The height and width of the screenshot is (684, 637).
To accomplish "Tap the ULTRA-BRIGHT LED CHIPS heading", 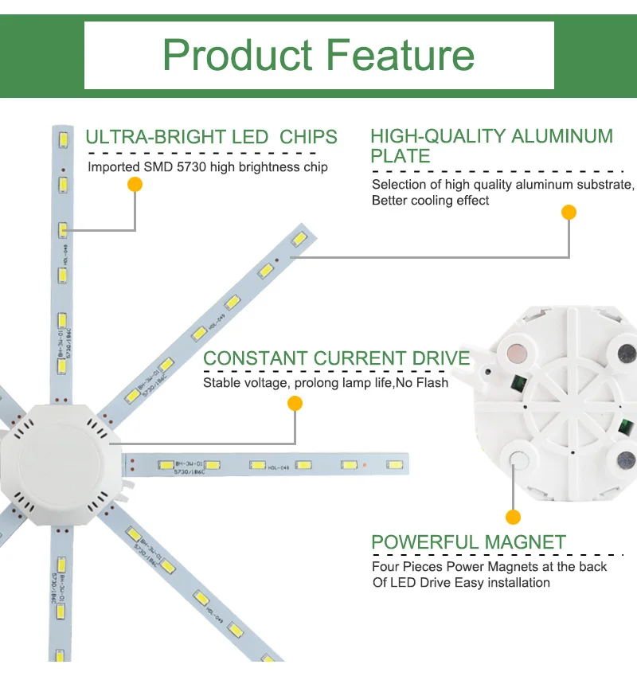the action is pos(211,137).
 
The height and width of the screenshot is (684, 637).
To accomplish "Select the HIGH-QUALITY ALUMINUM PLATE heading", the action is pos(491,146).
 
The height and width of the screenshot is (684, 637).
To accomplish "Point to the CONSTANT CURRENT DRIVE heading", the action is pos(336,358).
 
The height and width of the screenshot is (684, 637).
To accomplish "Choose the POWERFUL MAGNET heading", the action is pos(468,543).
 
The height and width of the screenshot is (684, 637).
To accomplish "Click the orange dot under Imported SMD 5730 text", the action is pos(135,185).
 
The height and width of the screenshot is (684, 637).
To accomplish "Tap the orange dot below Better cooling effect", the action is pos(569,212).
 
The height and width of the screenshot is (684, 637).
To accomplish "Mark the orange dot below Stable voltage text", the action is pos(295,404).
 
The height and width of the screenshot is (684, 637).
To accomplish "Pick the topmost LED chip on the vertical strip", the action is pos(61,140).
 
